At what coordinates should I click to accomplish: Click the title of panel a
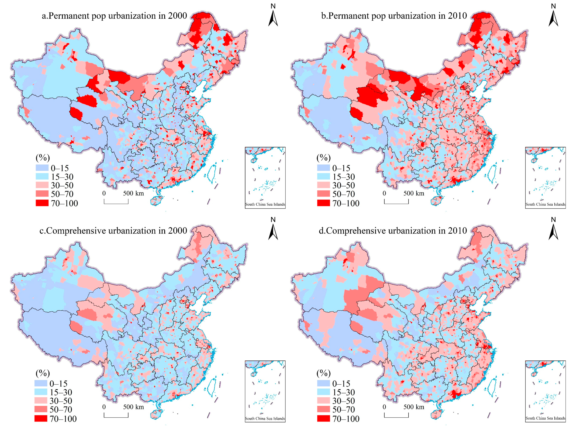[x=114, y=16]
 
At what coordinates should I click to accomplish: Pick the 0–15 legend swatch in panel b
[x=323, y=168]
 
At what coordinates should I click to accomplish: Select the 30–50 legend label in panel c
[x=61, y=401]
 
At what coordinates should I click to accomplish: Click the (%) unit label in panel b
[x=323, y=157]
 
